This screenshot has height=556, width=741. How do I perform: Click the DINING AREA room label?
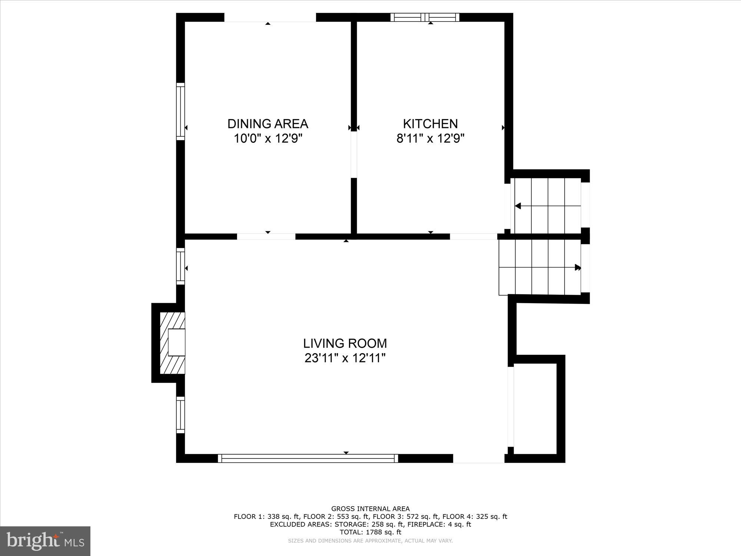tap(268, 123)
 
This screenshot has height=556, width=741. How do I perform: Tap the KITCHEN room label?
tap(430, 123)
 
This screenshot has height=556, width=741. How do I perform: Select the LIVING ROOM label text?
tap(345, 344)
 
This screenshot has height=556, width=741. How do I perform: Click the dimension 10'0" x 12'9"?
tap(268, 139)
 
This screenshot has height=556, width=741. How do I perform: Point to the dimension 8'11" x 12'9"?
tap(430, 139)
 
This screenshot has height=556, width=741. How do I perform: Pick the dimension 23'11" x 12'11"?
tap(345, 358)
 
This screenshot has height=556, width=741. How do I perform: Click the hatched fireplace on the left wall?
tap(172, 343)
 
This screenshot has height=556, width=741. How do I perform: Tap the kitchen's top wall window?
tap(425, 17)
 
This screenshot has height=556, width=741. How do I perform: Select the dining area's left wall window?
tap(180, 111)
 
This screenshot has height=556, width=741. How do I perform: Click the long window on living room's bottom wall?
tap(308, 458)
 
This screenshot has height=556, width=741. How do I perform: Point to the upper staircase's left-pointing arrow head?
tap(518, 206)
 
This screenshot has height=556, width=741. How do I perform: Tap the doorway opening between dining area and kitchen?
tap(354, 155)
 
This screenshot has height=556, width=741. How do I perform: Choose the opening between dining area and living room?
tap(266, 236)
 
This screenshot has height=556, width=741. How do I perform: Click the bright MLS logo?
tap(45, 541)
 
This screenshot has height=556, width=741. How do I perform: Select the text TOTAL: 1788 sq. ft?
tap(370, 532)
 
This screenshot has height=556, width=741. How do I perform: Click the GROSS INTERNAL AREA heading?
tap(370, 509)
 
